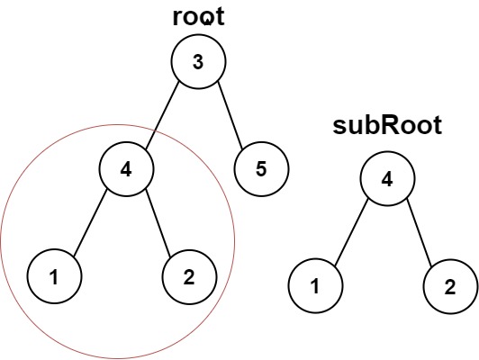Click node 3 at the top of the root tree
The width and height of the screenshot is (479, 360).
pyautogui.click(x=198, y=62)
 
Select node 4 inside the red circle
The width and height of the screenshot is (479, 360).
pyautogui.click(x=127, y=168)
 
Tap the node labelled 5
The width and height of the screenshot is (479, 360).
pyautogui.click(x=260, y=168)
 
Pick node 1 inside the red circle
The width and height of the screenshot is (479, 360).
pyautogui.click(x=55, y=275)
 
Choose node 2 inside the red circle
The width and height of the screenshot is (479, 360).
pyautogui.click(x=188, y=275)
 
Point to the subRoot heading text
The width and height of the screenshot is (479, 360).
pyautogui.click(x=386, y=127)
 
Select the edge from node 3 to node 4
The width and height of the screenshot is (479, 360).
pyautogui.click(x=162, y=115)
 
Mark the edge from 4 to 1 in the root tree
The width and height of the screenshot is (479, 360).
pyautogui.click(x=91, y=222)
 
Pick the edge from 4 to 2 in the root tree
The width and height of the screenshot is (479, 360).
pyautogui.click(x=158, y=222)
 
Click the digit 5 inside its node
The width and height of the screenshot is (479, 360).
pyautogui.click(x=260, y=168)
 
